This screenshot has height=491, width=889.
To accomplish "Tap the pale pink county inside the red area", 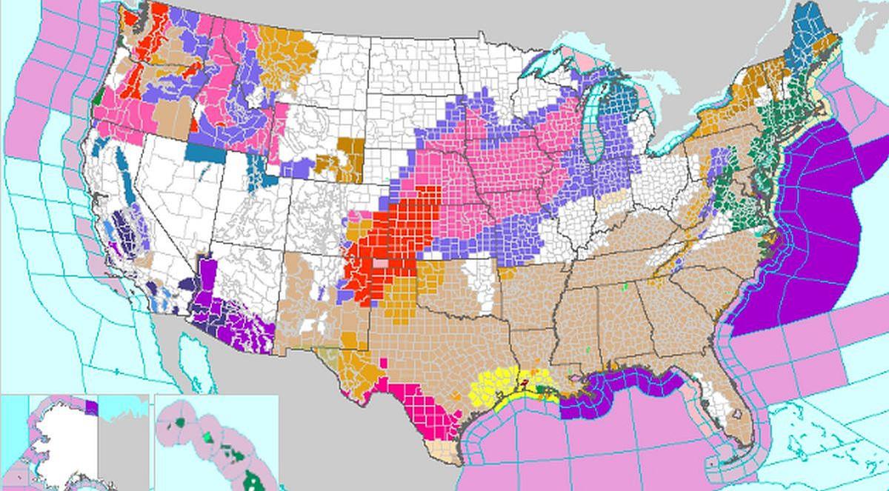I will coord(381,263).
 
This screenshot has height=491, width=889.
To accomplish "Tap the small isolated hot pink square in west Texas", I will coord(384,361).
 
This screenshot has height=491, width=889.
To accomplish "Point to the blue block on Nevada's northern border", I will coord(199,153).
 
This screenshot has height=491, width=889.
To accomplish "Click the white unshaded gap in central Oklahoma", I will coord(474,278).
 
